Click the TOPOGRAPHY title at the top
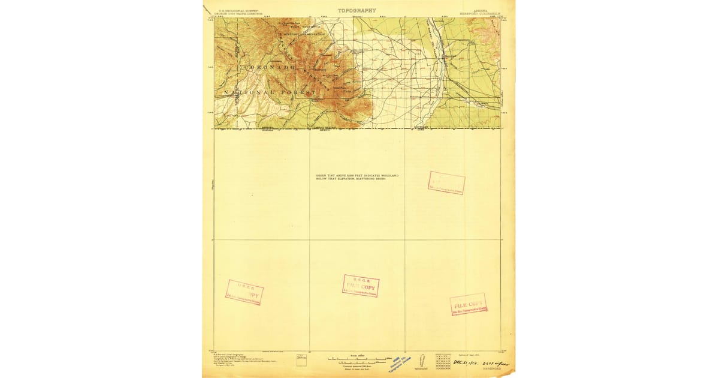pos(357,10)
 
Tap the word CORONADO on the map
pos(267,68)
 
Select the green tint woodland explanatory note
pos(357,177)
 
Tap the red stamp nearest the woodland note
pos(446,182)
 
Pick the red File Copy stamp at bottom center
pos(361,286)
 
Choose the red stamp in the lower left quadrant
pos(244,292)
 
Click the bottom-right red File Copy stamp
pos(468,304)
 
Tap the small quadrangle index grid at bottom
pos(443,360)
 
